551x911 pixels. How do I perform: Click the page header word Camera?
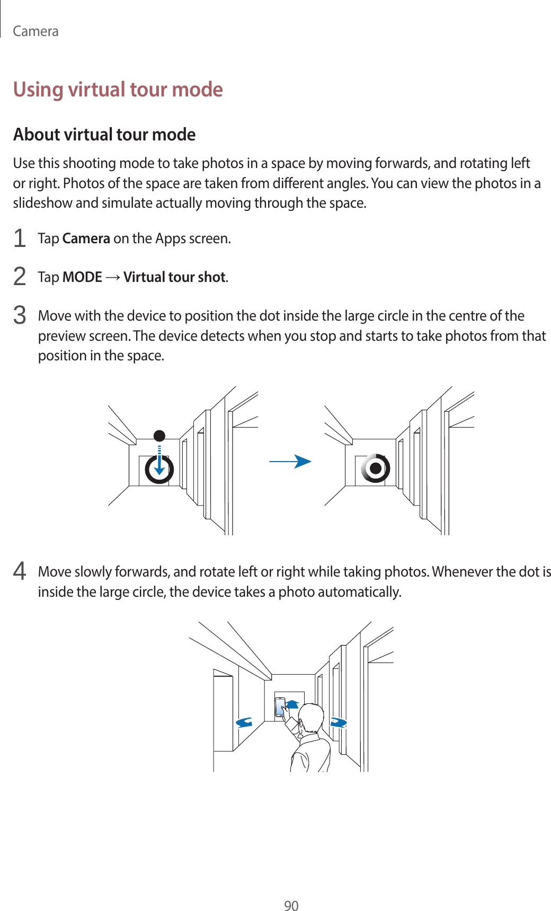tap(35, 31)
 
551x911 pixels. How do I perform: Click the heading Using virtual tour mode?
tap(118, 89)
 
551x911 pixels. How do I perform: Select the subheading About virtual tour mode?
tap(104, 135)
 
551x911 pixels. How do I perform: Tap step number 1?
tap(20, 238)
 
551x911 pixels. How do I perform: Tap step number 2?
tap(20, 277)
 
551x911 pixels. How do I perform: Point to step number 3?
tap(20, 315)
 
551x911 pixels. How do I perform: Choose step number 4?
tap(20, 571)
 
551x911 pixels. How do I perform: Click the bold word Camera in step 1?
tap(86, 238)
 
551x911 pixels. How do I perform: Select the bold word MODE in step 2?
tap(82, 277)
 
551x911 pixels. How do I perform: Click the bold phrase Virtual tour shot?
tap(175, 277)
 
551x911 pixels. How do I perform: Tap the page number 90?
tap(291, 906)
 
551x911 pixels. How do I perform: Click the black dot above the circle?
tap(159, 436)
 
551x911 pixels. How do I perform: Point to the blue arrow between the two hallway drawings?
tap(290, 462)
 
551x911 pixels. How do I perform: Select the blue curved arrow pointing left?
tap(244, 722)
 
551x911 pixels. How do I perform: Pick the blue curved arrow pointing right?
tap(338, 722)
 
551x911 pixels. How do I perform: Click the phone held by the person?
tap(280, 707)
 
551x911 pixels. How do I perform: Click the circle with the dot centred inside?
tap(376, 468)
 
